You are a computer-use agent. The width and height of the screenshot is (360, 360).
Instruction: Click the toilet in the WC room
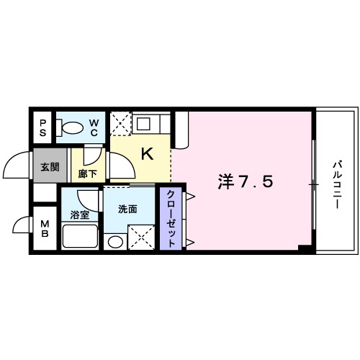pos(71,128)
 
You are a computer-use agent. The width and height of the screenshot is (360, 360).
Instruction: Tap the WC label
pos(94,128)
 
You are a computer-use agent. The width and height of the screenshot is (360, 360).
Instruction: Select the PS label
pos(42,128)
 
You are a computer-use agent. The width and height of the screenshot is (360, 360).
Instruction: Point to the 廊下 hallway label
pos(88,173)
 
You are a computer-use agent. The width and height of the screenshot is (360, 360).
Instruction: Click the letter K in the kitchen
pos(146,153)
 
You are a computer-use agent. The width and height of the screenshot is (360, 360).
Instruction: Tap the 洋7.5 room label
pos(245,183)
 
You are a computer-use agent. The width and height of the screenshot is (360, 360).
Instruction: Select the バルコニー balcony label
pos(336,184)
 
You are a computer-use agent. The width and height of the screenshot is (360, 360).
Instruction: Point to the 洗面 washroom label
pos(127,210)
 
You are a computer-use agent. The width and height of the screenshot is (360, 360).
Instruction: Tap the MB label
pos(43,230)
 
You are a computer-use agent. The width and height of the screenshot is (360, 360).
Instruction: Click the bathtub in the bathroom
pos(80,237)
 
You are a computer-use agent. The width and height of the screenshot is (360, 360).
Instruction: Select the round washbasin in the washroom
pos(114,240)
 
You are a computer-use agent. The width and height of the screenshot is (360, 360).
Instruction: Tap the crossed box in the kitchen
pos(120,122)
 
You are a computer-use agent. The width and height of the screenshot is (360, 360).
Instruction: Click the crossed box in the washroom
pos(140,236)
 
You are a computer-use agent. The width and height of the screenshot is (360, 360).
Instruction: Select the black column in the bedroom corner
pos(305,248)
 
